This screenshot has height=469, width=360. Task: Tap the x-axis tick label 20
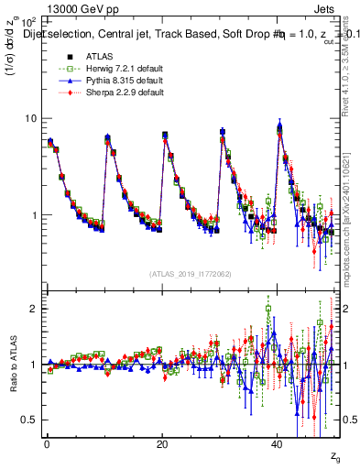click(161, 444)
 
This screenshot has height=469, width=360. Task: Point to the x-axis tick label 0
click(46, 444)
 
